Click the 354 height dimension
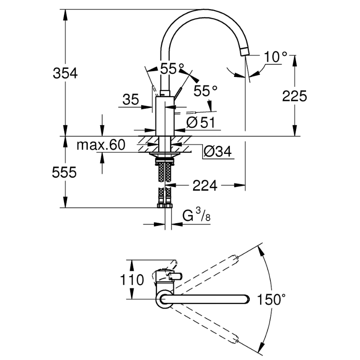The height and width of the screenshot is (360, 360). point(65,73)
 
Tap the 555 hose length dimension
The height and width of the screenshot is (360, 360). point(64,172)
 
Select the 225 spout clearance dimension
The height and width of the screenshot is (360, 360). point(294,96)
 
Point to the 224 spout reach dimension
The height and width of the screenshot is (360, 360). point(205,185)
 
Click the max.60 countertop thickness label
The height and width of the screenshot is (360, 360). point(101,145)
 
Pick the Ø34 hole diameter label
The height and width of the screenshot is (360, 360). point(218,152)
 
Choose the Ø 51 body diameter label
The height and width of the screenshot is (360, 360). point(201,122)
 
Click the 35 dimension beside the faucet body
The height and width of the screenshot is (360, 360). point(130,99)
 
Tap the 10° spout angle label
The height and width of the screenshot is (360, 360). point(275,57)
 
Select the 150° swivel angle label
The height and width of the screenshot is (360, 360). point(271,299)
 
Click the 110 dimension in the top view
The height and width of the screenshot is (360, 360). point(132,280)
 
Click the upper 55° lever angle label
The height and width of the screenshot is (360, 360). point(172,68)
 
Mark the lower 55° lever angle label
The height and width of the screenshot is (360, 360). point(206,91)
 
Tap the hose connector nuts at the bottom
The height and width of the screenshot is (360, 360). point(165,205)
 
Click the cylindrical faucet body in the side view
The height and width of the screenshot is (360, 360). point(165,116)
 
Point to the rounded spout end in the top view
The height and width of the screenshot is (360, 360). point(246,299)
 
